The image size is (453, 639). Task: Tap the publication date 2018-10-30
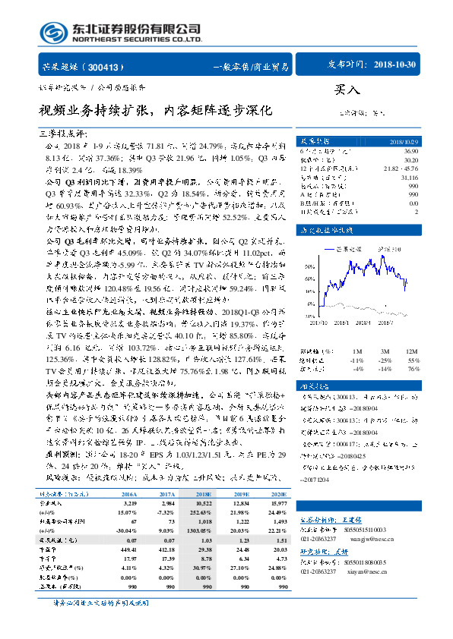(395, 65)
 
